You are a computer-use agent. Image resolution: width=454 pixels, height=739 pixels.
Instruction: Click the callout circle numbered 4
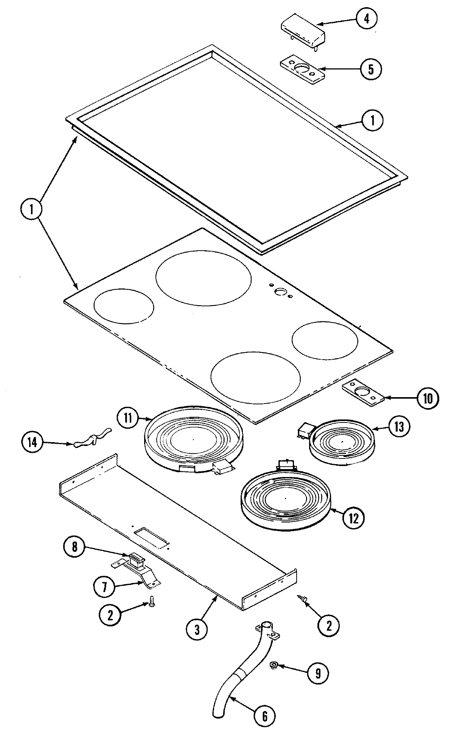pos(366,19)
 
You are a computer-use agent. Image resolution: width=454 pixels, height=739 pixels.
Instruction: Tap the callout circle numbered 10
pos(427,398)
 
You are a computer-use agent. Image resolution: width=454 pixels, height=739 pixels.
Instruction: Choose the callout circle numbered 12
pos(353,518)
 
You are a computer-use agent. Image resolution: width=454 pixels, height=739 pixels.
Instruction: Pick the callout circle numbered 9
pos(318,673)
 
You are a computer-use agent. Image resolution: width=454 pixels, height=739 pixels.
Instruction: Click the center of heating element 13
pos(342,442)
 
